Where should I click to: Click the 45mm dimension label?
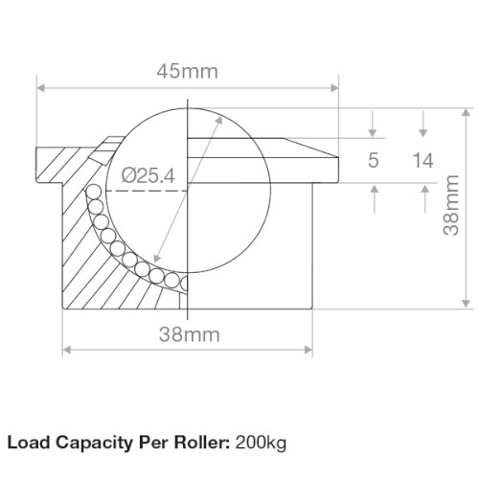(188, 71)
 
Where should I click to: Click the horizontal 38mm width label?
(190, 334)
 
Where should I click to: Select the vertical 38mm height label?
(451, 205)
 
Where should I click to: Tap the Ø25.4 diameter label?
(148, 175)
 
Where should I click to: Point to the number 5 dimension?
(374, 160)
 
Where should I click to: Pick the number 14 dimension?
(423, 160)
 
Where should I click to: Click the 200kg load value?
(261, 443)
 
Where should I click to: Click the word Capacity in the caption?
(94, 444)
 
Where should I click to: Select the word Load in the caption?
(29, 443)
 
